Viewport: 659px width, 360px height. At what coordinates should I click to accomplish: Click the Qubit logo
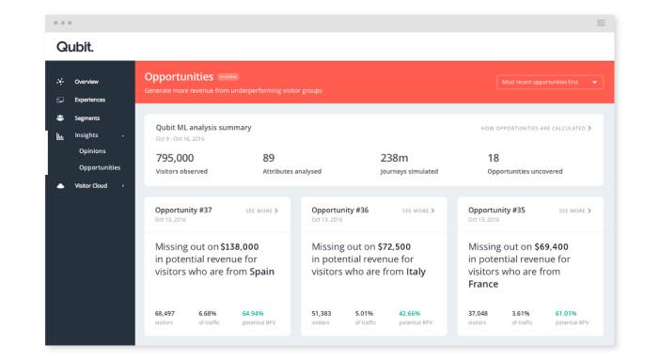point(74,47)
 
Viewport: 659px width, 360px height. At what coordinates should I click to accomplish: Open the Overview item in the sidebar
point(86,82)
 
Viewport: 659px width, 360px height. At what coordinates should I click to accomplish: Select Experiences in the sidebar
point(90,100)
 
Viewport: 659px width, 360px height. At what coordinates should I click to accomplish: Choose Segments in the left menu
point(87,118)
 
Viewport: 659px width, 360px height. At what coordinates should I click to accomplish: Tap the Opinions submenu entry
point(92,150)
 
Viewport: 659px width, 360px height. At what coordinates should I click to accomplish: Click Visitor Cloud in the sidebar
point(91,186)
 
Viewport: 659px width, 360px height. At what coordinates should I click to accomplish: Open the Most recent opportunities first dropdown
point(550,82)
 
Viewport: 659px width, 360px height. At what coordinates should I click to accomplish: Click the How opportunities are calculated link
point(536,128)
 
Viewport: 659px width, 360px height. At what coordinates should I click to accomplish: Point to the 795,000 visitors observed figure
point(175,158)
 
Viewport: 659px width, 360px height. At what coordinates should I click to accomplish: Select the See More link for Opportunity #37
point(261,211)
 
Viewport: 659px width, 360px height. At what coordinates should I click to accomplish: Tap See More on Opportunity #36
point(418,211)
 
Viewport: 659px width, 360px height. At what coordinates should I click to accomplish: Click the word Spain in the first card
point(262,272)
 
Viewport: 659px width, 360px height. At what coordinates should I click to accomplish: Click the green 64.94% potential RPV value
point(253,313)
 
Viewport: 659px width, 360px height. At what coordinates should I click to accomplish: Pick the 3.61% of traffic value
point(522,313)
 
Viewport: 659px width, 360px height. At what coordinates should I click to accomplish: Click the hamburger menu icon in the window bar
point(601,23)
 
